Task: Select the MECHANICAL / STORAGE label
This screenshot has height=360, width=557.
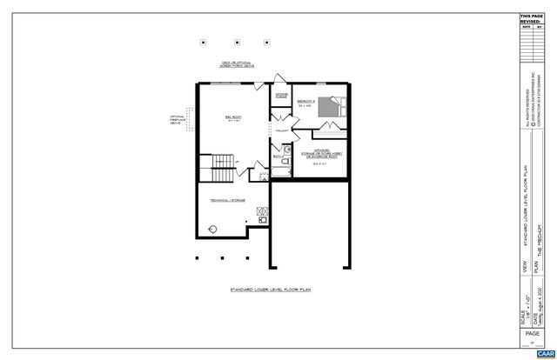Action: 226,200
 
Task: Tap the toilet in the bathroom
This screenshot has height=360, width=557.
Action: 285,164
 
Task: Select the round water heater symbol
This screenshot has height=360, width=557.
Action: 213,229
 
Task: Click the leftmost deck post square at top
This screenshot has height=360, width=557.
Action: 203,41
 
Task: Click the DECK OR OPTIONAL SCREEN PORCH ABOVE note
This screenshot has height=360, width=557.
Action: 238,65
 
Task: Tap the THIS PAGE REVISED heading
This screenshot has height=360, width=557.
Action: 530,18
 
